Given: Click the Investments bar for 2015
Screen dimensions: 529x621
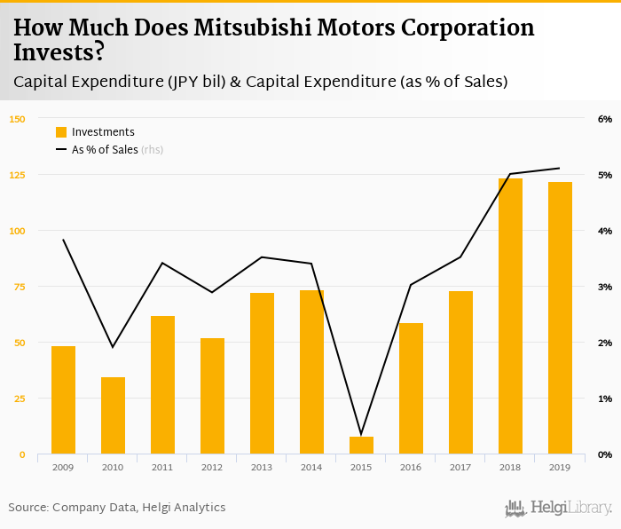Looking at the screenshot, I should [x=361, y=445].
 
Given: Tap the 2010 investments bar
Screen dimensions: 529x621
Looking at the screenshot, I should [x=113, y=415].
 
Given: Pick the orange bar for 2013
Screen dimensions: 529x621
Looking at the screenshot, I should [x=262, y=373].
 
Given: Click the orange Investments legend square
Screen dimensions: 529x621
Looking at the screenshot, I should [x=61, y=132].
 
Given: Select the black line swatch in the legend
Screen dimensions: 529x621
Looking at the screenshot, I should [x=61, y=150].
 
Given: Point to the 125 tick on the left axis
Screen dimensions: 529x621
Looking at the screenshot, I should [x=17, y=175].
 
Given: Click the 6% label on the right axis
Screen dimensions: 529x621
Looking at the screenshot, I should [x=605, y=119].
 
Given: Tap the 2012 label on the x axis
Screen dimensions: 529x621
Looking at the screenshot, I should [x=212, y=467].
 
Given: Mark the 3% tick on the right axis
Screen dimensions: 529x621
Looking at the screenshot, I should [x=605, y=287].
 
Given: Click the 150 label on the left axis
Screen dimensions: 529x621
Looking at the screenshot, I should [x=17, y=119].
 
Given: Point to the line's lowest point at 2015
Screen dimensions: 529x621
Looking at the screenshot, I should [x=361, y=434].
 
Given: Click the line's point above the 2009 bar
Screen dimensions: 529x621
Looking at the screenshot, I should [x=63, y=240].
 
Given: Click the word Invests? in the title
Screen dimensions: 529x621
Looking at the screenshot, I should [x=59, y=53].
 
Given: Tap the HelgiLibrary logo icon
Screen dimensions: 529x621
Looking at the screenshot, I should [x=515, y=508].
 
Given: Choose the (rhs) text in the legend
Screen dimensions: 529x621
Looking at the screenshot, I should [x=153, y=150].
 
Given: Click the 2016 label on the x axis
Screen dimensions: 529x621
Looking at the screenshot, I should [x=411, y=467].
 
